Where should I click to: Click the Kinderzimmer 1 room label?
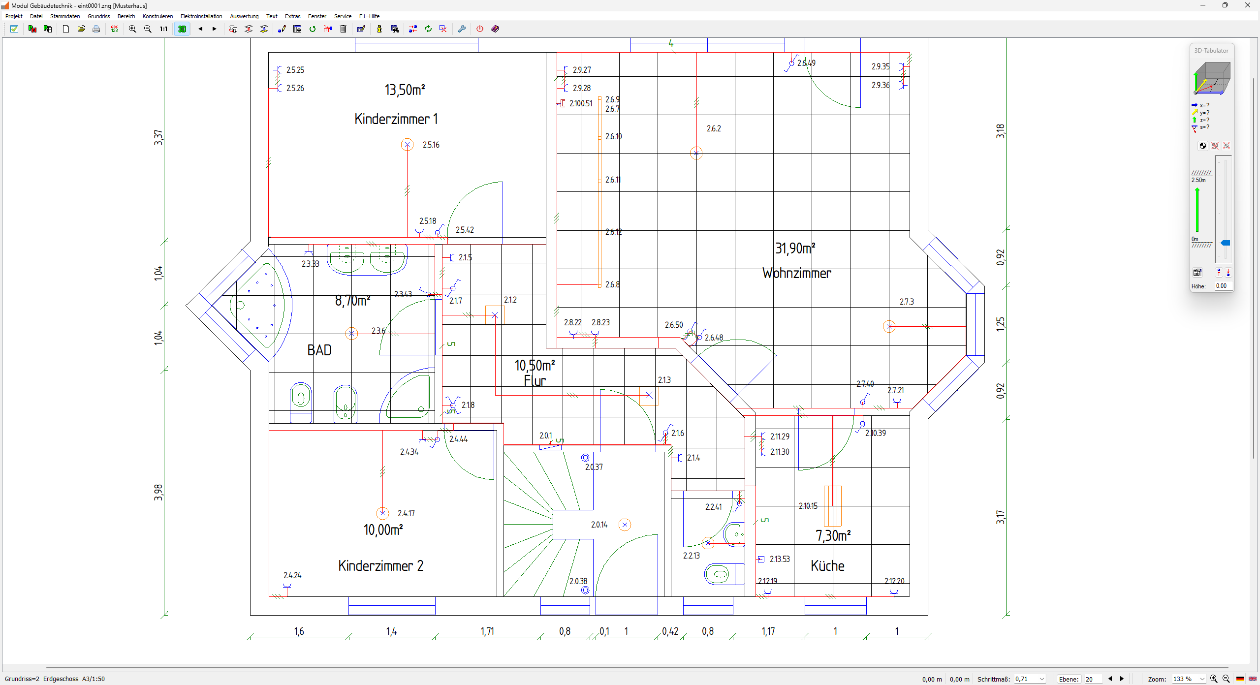(396, 119)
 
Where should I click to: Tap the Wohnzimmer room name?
(796, 274)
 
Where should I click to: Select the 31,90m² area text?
(795, 249)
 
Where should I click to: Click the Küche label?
(827, 566)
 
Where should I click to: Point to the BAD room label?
(319, 350)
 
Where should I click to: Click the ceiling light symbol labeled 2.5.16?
(407, 145)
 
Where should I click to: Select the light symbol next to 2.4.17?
(382, 513)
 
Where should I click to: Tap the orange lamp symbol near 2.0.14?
(625, 525)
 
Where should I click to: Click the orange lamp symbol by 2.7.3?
(889, 326)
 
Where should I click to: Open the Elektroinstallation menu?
(201, 16)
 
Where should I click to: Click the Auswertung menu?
(244, 16)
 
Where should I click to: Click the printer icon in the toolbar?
(96, 29)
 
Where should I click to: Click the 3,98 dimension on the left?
(158, 492)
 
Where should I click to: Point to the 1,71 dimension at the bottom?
(487, 631)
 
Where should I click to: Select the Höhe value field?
(1223, 286)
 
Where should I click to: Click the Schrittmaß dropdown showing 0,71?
(1029, 679)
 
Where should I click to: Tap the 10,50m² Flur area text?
(535, 366)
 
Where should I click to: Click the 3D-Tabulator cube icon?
(1211, 78)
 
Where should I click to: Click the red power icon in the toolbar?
(480, 29)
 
